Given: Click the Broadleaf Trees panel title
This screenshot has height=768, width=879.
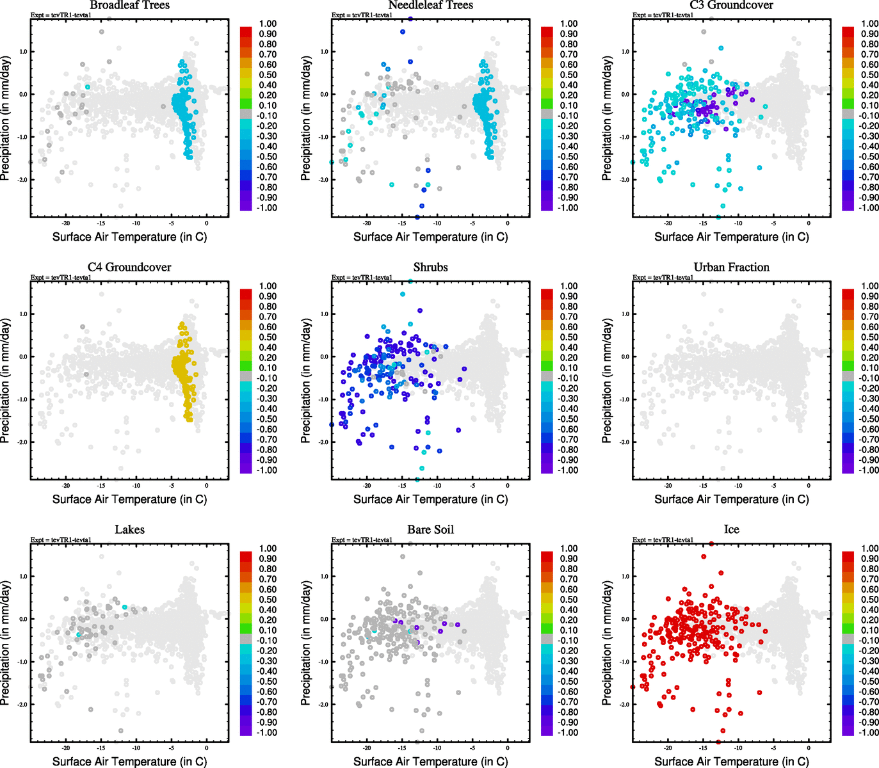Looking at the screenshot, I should coord(129,6).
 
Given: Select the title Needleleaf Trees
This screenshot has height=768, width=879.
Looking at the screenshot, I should coord(430,6).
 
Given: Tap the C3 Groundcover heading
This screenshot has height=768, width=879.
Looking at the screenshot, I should coord(731,6).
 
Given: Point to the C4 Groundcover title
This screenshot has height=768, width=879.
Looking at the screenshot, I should coord(129,268).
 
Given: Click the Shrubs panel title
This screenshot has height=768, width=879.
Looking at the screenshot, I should coord(430,268).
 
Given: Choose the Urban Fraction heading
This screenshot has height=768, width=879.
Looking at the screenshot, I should coord(731,268).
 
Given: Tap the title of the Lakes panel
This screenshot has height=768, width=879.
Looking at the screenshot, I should coord(129,530).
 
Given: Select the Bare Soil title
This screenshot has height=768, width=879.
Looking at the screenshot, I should coord(430,530).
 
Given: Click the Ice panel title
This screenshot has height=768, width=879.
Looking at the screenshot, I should coord(731,530).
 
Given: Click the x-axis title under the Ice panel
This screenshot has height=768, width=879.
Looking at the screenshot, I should coord(731,762).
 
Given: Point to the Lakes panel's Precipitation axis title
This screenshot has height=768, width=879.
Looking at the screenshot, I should coord(6,643).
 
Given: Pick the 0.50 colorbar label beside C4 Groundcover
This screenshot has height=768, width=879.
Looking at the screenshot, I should coord(268,337).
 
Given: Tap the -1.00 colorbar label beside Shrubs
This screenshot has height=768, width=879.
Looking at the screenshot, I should coord(569,470).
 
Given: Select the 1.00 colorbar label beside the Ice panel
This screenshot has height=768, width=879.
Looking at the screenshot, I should coord(869,548).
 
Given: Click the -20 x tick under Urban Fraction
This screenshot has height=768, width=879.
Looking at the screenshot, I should coord(668,486).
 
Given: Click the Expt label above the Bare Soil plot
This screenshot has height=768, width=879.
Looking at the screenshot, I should coord(362,540).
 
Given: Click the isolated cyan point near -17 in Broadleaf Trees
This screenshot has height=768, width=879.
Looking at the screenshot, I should coord(88,86).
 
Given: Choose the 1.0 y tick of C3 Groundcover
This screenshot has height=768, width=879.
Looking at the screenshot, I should coord(625,52).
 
